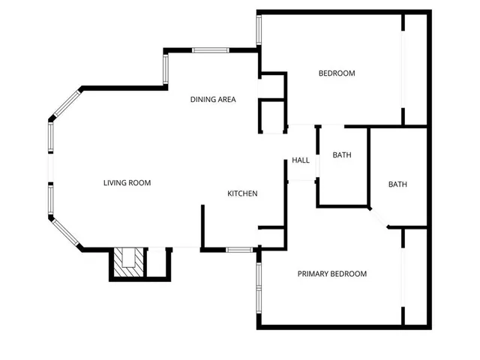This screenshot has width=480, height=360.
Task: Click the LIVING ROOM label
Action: coord(127,183)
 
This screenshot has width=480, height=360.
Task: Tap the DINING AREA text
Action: coord(213,99)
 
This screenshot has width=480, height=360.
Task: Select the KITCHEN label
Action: coord(242,193)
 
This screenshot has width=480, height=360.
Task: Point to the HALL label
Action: coord(301,160)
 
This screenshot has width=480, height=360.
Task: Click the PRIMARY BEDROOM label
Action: coord(332,274)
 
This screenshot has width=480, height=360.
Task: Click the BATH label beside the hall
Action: coord(342,155)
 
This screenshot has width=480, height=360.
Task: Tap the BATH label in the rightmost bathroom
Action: coord(397,184)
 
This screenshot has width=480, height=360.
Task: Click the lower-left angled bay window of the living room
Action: coord(65,232)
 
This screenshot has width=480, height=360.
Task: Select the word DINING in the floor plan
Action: coord(202,99)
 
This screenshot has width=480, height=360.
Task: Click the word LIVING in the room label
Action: coord(115,183)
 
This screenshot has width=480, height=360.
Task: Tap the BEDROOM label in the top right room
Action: coord(337,73)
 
